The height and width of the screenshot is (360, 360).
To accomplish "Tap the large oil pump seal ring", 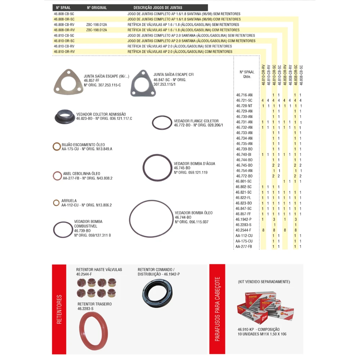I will coord(151,219).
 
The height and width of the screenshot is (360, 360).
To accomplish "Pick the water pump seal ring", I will coord(157,168).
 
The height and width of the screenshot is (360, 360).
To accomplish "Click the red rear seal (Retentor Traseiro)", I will coord(93,331).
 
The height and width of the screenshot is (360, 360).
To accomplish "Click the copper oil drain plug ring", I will coord(57,147).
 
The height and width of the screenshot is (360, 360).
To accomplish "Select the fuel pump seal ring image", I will coord(63,229).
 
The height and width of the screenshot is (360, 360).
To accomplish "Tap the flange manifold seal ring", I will coord(162,122).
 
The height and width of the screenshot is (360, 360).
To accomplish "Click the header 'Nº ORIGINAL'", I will coord(97,8).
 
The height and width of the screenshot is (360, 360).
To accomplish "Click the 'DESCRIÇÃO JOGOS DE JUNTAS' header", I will coord(158,8).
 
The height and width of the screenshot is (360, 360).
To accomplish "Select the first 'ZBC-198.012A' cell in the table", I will coord(96,24).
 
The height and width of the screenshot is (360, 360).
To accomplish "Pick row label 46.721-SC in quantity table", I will coord(244,100).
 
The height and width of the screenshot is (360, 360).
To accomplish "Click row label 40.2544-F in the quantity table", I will coord(243,230).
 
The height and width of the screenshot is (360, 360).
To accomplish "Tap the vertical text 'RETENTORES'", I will coord(60,310).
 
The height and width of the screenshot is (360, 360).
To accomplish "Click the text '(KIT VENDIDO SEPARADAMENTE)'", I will coord(264,282).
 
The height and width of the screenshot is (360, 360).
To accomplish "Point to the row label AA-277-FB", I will coord(244,247).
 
